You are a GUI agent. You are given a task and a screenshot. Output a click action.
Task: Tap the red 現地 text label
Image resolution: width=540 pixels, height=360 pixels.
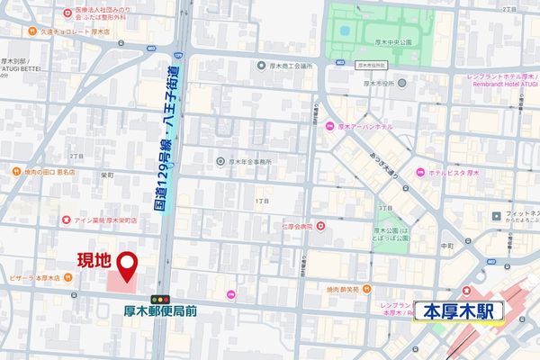(93, 261)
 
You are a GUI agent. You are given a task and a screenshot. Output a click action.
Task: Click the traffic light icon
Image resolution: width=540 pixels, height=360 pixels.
(161, 299)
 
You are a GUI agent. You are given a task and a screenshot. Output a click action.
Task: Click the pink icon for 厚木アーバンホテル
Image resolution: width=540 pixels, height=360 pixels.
(330, 126)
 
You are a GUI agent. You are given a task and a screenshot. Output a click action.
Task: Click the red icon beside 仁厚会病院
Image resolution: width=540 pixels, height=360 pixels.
(320, 227)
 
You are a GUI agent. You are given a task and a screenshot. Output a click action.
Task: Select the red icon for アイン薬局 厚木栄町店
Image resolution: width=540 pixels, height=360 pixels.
(66, 219)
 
